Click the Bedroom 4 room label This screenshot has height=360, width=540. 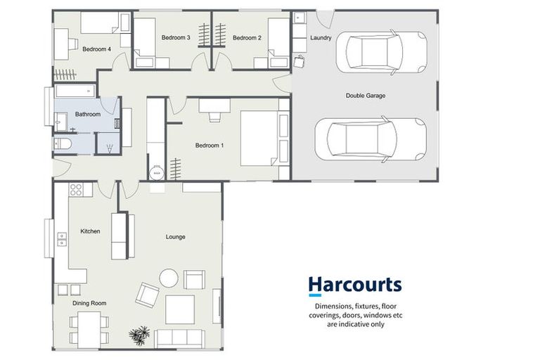pos(96,49)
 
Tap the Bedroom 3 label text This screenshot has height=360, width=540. pos(175,37)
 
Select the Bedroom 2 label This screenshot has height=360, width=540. pos(247,37)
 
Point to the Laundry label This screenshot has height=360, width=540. pos(321,38)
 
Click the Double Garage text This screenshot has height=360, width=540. pos(365,96)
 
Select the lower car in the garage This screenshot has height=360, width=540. pos(371,138)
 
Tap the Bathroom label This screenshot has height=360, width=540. pos(88,114)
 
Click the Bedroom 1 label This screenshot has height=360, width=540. pos(209,146)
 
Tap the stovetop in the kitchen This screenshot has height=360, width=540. pos(76,190)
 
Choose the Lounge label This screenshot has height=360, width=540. pos(175,237)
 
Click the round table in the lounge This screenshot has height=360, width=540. pos(169,278)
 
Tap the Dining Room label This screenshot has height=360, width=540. pos(89,303)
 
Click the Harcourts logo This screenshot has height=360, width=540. pos(354,285)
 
